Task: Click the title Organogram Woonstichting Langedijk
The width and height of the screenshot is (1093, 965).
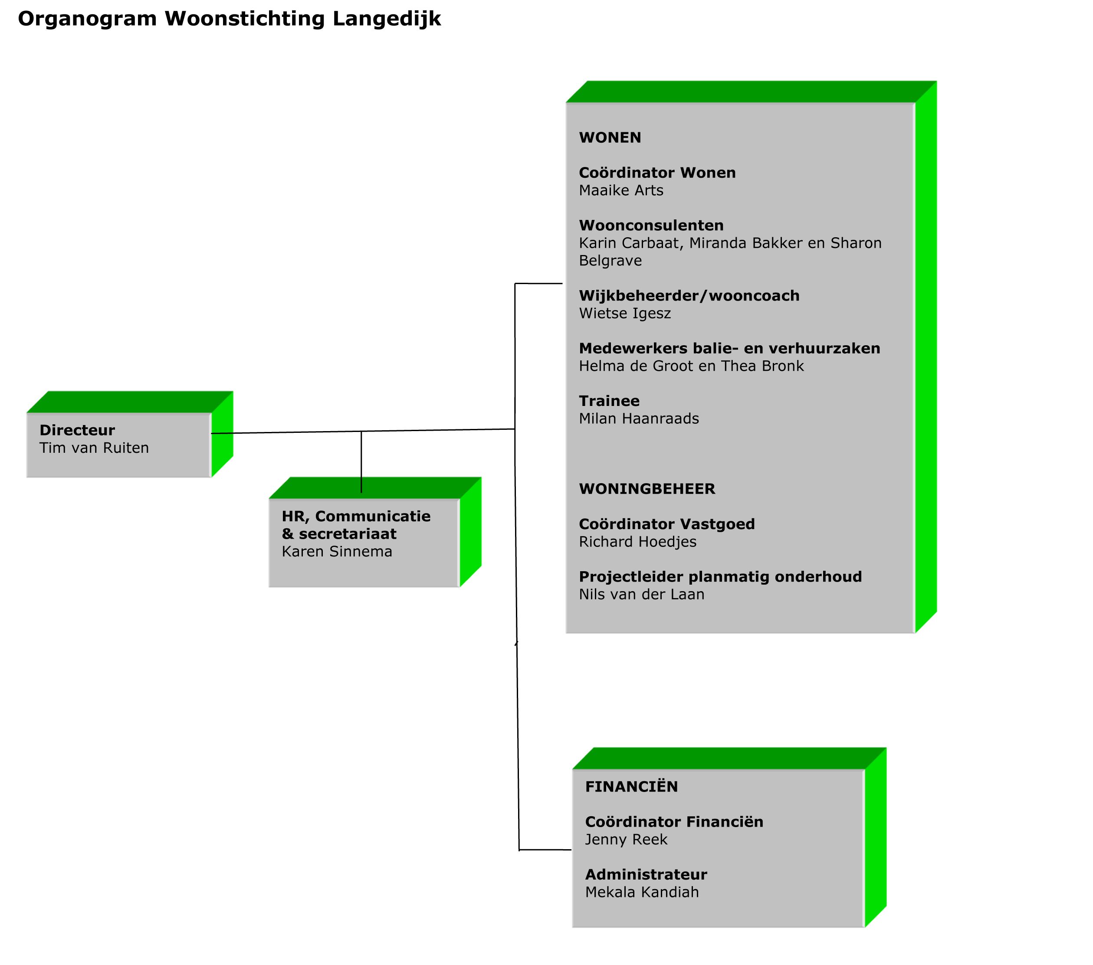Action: tap(230, 19)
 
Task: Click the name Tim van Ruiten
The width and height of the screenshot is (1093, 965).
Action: tap(94, 448)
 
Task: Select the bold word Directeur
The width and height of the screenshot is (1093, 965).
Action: tap(77, 430)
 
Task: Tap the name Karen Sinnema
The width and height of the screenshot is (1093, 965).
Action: tap(337, 551)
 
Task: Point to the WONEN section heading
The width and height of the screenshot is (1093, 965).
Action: tap(610, 137)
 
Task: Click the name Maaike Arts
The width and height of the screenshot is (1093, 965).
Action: tap(621, 190)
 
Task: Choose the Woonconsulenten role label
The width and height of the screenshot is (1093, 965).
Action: tap(651, 225)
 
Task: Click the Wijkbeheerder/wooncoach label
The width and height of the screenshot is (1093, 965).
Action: tap(689, 296)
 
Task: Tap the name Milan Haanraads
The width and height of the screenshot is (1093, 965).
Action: tap(639, 419)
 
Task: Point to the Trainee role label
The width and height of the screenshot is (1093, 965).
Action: tap(609, 401)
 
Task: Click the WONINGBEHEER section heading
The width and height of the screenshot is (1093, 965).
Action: tap(647, 489)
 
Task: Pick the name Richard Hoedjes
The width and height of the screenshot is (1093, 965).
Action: tap(637, 542)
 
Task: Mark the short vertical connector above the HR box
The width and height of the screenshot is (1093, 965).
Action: tap(361, 462)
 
